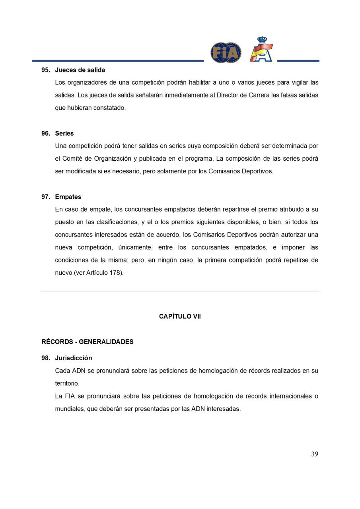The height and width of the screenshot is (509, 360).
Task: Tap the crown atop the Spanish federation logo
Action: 262,40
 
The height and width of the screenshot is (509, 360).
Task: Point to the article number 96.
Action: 45,134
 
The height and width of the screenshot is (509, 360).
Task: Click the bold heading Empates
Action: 68,197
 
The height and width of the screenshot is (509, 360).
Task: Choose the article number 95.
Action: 45,70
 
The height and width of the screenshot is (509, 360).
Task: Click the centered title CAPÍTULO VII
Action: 180,317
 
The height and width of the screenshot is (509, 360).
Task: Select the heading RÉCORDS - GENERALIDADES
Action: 88,342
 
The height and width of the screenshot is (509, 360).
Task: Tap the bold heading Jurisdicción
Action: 74,358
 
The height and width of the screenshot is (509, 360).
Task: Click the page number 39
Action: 315,454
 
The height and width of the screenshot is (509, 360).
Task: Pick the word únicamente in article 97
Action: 135,248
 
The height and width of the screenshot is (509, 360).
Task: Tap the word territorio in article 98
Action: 67,384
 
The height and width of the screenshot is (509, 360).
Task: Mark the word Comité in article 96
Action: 72,159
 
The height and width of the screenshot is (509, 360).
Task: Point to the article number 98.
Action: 45,358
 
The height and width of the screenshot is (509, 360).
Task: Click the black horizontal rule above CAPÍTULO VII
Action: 180,292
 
